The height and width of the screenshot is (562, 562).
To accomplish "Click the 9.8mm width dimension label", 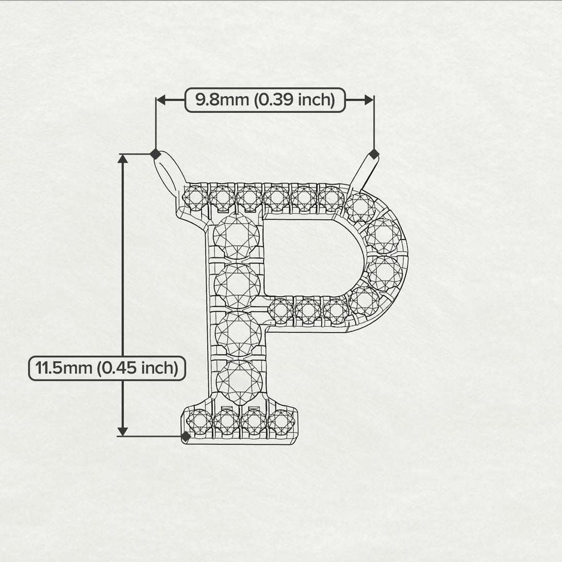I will (265, 100).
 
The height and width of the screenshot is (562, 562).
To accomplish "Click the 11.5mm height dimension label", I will (107, 368).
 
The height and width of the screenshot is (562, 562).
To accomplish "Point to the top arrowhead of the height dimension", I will (123, 159).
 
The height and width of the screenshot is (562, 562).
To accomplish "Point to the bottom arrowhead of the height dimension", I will (123, 431).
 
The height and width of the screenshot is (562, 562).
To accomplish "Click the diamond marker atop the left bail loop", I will (155, 154).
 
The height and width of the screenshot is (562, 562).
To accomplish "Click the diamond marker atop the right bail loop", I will (374, 154).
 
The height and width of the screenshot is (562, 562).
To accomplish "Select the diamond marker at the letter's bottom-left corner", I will (186, 437).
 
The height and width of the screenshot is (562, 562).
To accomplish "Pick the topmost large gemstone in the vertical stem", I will (236, 236).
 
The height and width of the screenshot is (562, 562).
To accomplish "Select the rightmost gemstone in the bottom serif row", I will (281, 421).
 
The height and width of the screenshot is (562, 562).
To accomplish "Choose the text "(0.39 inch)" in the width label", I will (294, 100).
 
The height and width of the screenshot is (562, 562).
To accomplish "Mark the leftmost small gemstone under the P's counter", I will (282, 311).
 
